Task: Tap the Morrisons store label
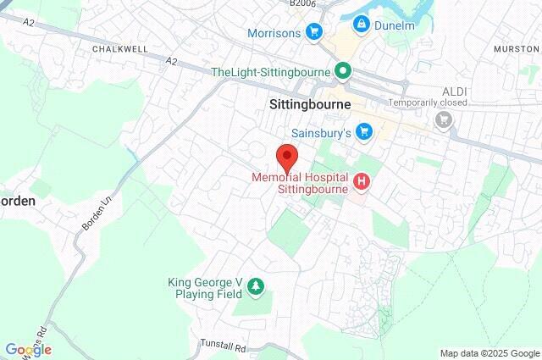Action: coord(274,33)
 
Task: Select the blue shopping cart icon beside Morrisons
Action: coord(313,33)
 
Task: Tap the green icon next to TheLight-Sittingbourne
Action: coord(343,70)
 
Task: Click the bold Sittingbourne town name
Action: coord(304,105)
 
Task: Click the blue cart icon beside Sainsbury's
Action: coord(365,131)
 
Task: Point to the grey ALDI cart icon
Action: coord(443,120)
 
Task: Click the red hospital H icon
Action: coord(362,180)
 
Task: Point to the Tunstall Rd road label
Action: coord(223,346)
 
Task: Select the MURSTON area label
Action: coord(515,50)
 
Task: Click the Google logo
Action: coord(27,350)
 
